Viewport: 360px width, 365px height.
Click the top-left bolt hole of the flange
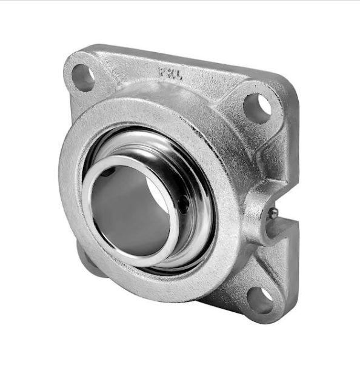pos(84,77)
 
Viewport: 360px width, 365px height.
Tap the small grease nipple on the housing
pos(273,213)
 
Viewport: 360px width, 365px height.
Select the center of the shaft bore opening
pos(130,209)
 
